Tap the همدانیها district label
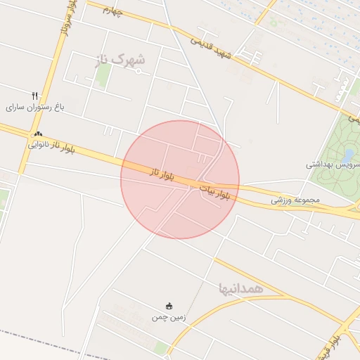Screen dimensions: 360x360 (240, 288)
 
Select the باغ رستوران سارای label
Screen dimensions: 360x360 (35, 107)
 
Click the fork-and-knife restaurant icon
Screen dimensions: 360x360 (34, 96)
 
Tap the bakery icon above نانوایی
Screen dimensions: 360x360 (37, 134)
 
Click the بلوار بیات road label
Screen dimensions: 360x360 (214, 191)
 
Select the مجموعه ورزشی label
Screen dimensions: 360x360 (295, 200)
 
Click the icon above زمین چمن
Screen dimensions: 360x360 (169, 306)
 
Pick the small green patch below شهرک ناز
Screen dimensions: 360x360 (103, 76)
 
